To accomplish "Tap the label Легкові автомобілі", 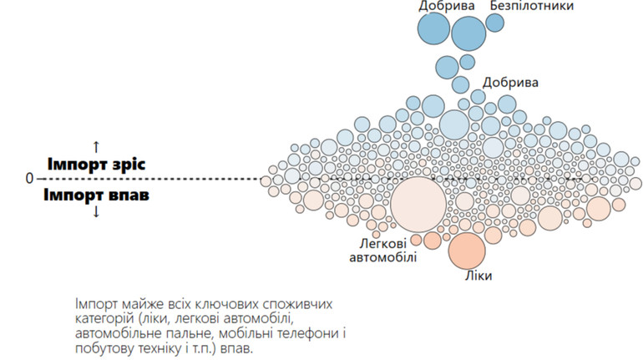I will (x=383, y=250).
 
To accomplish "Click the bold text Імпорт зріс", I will (x=96, y=164).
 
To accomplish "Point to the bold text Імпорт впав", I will (x=97, y=195).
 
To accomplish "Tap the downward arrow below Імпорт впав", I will (x=96, y=212).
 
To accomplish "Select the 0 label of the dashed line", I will (x=29, y=179).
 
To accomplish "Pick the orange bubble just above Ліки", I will (x=467, y=251).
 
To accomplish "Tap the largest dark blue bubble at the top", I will (x=468, y=33).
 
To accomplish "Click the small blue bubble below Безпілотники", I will (x=495, y=23).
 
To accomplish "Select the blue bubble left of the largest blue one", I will (x=433, y=28).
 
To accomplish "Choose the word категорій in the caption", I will (x=103, y=318).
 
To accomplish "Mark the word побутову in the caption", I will (x=99, y=348).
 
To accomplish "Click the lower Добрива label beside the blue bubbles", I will (x=510, y=82).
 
